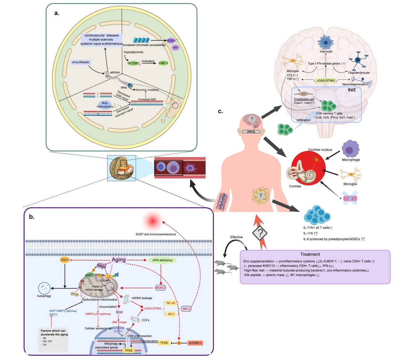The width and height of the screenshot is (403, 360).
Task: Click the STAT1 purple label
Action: click(x=171, y=41)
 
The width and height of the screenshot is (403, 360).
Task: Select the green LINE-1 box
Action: click(x=163, y=63)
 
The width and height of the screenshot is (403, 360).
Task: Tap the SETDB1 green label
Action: click(x=133, y=63)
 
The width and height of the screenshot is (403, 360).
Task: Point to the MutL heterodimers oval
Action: click(x=105, y=105)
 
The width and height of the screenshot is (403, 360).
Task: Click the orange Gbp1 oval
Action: click(x=65, y=260)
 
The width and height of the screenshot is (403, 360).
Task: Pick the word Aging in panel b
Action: click(x=119, y=260)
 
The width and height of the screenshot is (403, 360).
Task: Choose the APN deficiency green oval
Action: click(x=162, y=260)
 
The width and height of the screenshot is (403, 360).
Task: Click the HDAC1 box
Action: click(x=160, y=288)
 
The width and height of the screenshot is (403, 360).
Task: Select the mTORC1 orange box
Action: click(x=195, y=343)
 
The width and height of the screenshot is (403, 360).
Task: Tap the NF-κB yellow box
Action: click(x=171, y=303)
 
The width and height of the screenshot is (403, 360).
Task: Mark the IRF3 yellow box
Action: click(x=171, y=314)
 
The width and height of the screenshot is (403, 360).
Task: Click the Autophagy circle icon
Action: click(x=44, y=288)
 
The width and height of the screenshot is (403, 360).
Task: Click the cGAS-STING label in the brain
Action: click(x=326, y=80)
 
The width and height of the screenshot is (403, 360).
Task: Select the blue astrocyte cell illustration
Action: click(x=326, y=42)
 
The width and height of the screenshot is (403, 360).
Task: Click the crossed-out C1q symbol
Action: click(x=350, y=198)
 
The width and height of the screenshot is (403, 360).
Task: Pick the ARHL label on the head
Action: click(x=251, y=132)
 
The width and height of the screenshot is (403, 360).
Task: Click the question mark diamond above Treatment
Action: click(x=260, y=234)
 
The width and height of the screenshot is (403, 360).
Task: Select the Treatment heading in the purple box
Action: click(x=310, y=254)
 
